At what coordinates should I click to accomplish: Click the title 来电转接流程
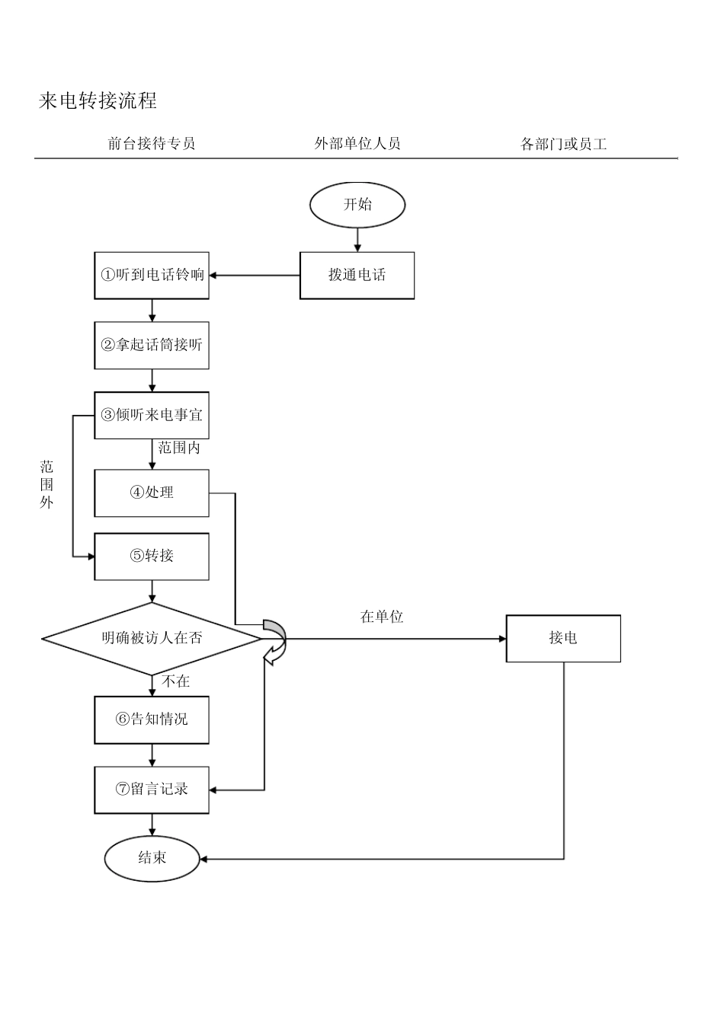pos(98,100)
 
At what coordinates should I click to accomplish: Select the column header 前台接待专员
pos(152,143)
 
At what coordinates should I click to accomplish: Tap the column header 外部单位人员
pos(357,143)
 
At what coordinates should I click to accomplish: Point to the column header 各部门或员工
pos(563,144)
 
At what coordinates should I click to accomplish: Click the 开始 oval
pos(357,204)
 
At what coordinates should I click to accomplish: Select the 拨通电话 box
pos(357,276)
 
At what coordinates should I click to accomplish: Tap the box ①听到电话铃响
pos(152,276)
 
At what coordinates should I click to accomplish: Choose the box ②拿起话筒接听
pos(152,345)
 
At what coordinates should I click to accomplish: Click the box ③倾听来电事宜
pos(152,415)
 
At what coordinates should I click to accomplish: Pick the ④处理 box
pos(152,493)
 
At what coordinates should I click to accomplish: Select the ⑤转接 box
pos(152,556)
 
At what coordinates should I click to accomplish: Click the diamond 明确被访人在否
pos(152,638)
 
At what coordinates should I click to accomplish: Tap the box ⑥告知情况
pos(152,719)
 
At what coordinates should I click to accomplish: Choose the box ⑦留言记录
pos(152,790)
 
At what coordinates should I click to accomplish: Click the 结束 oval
pos(152,858)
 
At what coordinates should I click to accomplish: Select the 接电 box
pos(563,638)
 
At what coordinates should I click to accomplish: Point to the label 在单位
pos(381,617)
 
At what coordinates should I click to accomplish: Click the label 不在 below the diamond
pos(176,681)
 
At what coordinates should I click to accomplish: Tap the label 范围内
pos(179,448)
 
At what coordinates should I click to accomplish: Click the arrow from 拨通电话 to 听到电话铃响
pos(255,276)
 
